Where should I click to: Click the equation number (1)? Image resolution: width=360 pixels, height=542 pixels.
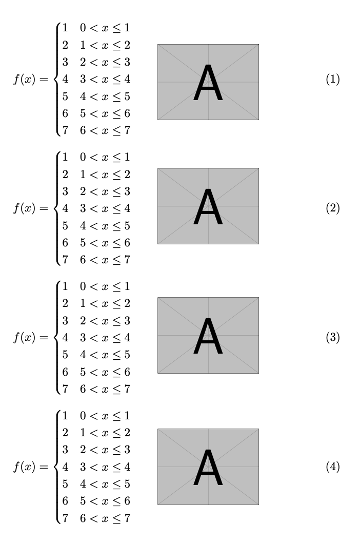click(x=333, y=80)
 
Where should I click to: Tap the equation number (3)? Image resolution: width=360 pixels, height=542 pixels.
click(x=333, y=338)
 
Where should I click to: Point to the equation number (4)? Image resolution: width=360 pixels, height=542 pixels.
click(x=333, y=467)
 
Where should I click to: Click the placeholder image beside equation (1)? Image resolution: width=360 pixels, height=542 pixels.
click(x=208, y=82)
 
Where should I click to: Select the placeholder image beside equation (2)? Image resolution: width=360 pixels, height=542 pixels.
click(x=208, y=206)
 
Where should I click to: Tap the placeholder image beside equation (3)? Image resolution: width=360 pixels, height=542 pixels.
click(x=208, y=335)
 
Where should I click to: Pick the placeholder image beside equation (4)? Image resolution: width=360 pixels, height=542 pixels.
click(x=208, y=467)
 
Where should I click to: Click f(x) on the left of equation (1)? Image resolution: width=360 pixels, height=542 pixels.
click(x=24, y=80)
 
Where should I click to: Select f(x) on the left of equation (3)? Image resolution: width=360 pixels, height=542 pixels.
click(x=24, y=338)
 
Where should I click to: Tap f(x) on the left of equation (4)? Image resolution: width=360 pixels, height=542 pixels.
click(x=24, y=467)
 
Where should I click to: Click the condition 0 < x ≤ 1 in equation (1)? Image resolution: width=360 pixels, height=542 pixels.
click(x=105, y=28)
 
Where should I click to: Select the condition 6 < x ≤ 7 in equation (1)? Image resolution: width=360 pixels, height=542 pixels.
click(x=105, y=131)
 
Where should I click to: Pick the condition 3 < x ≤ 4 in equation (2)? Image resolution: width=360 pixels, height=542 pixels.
click(x=105, y=208)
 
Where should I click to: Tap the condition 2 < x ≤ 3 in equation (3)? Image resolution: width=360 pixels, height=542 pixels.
click(x=105, y=321)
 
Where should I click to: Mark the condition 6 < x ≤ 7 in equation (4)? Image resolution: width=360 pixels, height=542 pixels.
click(x=105, y=518)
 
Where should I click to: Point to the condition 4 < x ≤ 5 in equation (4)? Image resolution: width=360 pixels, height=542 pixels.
click(x=105, y=484)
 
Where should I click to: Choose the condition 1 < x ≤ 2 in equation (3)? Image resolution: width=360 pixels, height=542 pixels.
click(x=105, y=303)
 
